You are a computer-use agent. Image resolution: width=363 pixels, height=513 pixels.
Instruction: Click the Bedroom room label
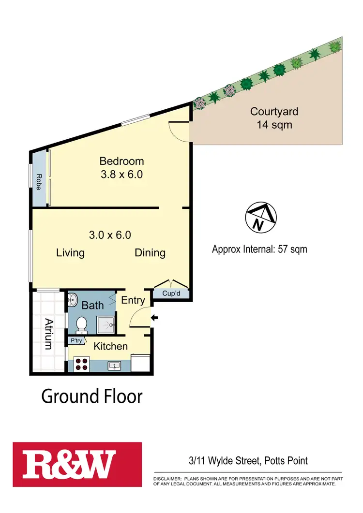click(121, 161)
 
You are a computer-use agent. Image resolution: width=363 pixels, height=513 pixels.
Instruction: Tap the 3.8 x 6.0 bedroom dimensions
click(121, 175)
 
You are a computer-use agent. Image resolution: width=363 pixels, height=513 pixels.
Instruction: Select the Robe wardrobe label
click(39, 181)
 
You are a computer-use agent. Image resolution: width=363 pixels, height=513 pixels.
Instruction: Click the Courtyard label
click(274, 111)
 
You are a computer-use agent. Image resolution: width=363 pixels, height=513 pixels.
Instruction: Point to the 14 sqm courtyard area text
click(274, 125)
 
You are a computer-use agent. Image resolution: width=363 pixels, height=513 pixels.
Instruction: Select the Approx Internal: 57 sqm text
click(259, 249)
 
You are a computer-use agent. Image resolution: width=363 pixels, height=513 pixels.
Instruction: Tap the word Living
click(70, 252)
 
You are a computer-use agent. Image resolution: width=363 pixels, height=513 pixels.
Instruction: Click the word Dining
click(150, 252)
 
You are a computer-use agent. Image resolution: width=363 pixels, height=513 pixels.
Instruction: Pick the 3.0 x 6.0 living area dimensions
click(110, 235)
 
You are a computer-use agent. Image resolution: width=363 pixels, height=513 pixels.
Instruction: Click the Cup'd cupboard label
click(171, 293)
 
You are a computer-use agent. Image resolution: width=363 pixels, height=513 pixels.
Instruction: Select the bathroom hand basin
click(72, 300)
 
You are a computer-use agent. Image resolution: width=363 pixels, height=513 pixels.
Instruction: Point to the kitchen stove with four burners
click(82, 364)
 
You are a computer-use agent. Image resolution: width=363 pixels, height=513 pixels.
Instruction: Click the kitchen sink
click(115, 365)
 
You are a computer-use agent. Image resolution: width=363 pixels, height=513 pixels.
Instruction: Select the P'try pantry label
click(76, 341)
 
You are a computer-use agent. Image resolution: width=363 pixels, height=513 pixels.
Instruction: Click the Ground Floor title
click(92, 396)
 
